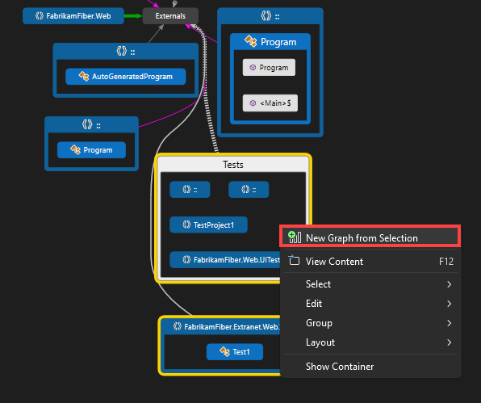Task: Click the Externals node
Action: pyautogui.click(x=170, y=15)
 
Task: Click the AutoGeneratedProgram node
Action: pyautogui.click(x=125, y=77)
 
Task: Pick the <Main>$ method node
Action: pyautogui.click(x=269, y=103)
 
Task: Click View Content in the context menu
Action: pyautogui.click(x=334, y=261)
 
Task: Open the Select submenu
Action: pyautogui.click(x=318, y=284)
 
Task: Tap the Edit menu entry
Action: pyautogui.click(x=314, y=304)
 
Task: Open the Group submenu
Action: pyautogui.click(x=319, y=323)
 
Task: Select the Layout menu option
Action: pyautogui.click(x=320, y=342)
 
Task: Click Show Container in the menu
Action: pyautogui.click(x=340, y=366)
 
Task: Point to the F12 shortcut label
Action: pyautogui.click(x=446, y=261)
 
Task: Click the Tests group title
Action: pyautogui.click(x=233, y=165)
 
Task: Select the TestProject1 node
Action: pyautogui.click(x=209, y=225)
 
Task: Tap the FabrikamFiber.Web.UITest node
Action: pyautogui.click(x=225, y=260)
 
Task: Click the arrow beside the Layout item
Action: pyautogui.click(x=450, y=342)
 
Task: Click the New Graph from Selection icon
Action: pyautogui.click(x=294, y=237)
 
